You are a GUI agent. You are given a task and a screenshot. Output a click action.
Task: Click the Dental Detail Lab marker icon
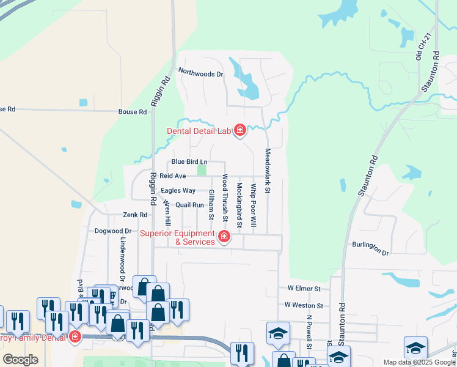(239, 130)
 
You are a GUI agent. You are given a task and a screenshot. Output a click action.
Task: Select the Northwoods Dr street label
(201, 73)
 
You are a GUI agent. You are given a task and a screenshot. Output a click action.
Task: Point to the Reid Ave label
(173, 176)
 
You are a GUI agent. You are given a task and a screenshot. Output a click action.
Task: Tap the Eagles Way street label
(178, 190)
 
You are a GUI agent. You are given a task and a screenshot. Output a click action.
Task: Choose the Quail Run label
(189, 206)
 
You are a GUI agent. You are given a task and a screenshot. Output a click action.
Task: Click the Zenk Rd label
(135, 215)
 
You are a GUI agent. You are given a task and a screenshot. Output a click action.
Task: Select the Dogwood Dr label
(113, 231)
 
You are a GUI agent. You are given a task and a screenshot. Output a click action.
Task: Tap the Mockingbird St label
(239, 206)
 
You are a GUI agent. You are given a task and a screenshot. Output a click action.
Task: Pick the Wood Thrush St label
(225, 198)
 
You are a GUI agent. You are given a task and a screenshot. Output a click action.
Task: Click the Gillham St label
(211, 204)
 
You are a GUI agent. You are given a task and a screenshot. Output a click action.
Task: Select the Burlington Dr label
(370, 248)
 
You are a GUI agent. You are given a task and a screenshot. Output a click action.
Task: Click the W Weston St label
(304, 305)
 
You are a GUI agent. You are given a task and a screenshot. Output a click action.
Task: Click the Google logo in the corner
(20, 360)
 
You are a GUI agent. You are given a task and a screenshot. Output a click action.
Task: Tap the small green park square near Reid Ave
(202, 171)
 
